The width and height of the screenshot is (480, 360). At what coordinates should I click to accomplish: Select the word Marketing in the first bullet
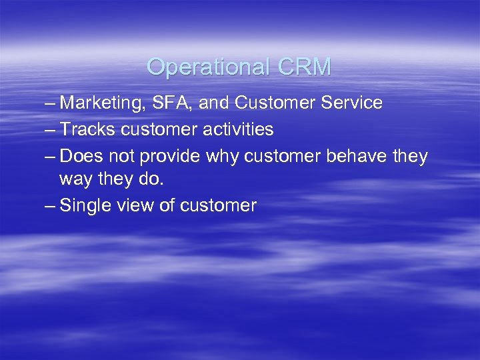100,103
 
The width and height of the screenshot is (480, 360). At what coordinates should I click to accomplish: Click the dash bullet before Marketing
48,103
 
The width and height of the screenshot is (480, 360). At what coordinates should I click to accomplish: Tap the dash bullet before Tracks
48,129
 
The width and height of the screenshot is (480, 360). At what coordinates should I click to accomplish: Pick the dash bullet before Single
48,205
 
